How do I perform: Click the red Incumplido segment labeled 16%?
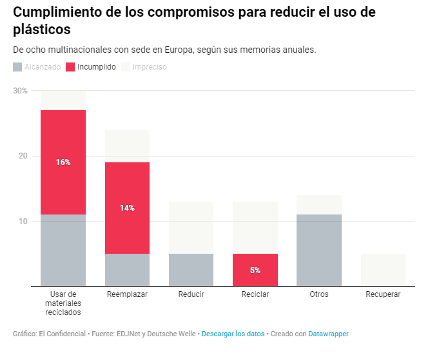[63, 162]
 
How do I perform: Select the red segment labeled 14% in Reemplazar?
[127, 208]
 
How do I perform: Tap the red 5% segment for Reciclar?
[255, 270]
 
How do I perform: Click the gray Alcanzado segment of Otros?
[319, 250]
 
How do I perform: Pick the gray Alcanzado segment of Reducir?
[191, 270]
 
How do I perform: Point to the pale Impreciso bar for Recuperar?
[383, 270]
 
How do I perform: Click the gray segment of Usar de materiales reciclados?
[63, 250]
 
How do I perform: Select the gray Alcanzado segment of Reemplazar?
[127, 270]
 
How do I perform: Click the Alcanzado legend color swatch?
[17, 66]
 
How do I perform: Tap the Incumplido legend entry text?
[97, 66]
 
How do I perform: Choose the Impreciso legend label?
[150, 66]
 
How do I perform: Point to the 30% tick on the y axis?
[20, 91]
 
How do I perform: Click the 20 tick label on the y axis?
[23, 156]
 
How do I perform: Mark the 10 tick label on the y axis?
[23, 221]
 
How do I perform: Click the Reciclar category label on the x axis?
[255, 294]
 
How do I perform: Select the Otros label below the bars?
[319, 294]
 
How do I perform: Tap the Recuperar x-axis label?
[383, 294]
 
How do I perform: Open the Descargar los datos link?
[233, 334]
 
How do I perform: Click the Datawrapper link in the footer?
[328, 334]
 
